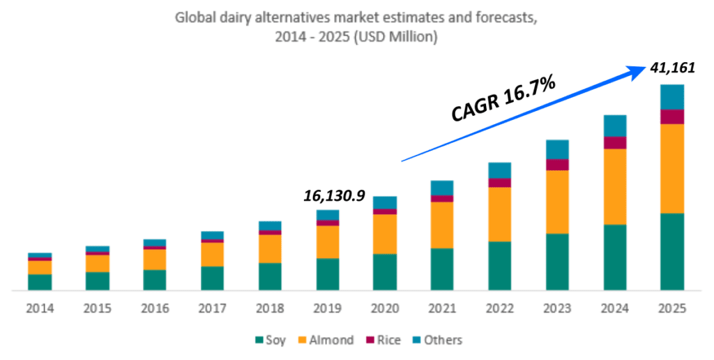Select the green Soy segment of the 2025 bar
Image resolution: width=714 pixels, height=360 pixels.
(672, 251)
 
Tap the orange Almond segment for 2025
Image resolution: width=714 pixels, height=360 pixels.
(672, 168)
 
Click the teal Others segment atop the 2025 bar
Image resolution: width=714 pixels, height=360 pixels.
(672, 97)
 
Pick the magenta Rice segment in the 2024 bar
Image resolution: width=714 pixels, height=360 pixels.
(614, 142)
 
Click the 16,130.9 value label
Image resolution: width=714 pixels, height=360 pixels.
(334, 196)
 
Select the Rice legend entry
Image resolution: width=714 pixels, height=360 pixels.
(384, 340)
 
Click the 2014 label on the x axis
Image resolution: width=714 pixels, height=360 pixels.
(40, 308)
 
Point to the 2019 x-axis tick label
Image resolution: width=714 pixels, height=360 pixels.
(327, 308)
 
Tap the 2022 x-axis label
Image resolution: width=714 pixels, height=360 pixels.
(499, 308)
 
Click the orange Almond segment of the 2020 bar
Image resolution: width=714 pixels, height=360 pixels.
(385, 234)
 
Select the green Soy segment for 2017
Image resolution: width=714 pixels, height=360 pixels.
(212, 278)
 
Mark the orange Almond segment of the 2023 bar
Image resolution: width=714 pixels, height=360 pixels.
(557, 202)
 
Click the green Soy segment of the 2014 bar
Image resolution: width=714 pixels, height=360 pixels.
(40, 282)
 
